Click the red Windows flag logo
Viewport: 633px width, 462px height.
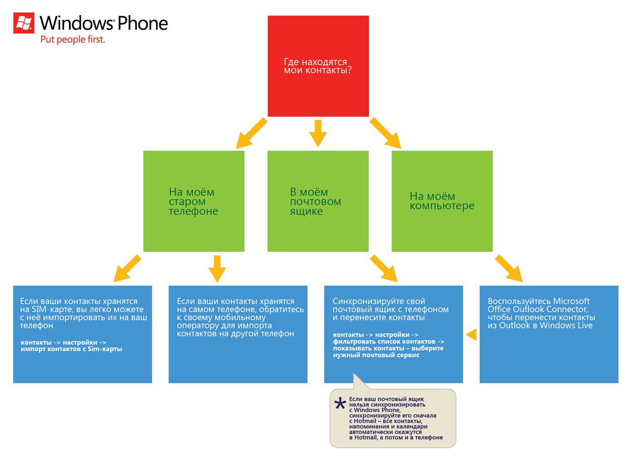24,23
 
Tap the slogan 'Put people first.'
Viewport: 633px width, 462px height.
73,39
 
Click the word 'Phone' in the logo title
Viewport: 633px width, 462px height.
143,23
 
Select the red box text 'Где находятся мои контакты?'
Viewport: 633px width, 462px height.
318,66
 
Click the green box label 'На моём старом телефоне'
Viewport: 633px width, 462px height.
194,202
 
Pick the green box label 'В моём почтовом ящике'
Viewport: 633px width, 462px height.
315,202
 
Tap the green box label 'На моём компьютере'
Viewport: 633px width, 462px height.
442,201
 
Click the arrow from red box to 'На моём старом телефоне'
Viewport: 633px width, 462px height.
251,133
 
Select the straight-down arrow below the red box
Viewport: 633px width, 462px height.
318,134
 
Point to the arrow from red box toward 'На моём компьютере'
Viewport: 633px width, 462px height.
385,133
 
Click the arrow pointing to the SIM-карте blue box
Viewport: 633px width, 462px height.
127,269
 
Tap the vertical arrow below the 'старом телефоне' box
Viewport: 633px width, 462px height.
217,269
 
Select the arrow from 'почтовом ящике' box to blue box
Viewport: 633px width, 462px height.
384,269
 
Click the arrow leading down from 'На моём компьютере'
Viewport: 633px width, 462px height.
509,269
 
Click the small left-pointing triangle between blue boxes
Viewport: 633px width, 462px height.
471,335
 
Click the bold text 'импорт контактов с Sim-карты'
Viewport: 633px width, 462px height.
72,349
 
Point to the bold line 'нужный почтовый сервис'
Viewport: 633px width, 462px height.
376,355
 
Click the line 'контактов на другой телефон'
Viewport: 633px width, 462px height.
236,334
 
